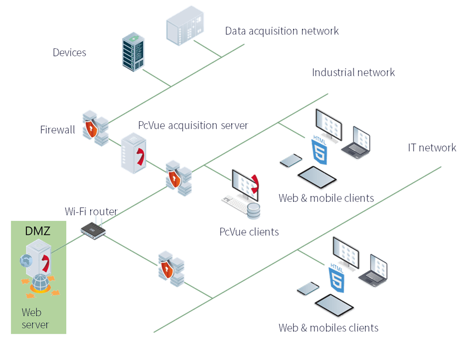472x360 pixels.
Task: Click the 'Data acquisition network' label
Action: coord(282,31)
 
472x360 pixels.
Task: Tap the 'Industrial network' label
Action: coord(353,72)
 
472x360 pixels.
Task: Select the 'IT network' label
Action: coord(432,148)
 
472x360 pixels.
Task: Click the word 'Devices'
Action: coord(69,52)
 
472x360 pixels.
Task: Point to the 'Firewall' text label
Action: coord(57,130)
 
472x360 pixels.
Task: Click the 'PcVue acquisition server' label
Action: coord(193,125)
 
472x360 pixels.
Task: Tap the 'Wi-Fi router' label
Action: coord(91,211)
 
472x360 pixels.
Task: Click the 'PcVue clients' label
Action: coord(249,232)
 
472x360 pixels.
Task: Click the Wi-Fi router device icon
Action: coord(94,229)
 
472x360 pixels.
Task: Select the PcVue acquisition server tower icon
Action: coord(133,153)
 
